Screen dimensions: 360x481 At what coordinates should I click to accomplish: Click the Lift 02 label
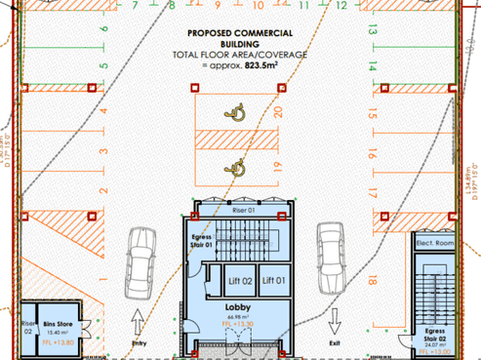(241, 282)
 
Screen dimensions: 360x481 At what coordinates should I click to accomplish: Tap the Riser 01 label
(243, 210)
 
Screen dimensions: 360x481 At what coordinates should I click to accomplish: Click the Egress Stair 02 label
(436, 334)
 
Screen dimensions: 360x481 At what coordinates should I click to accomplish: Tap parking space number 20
(279, 111)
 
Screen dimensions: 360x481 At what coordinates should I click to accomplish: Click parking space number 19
(279, 165)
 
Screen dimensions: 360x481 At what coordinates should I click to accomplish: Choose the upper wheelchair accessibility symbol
(235, 113)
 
